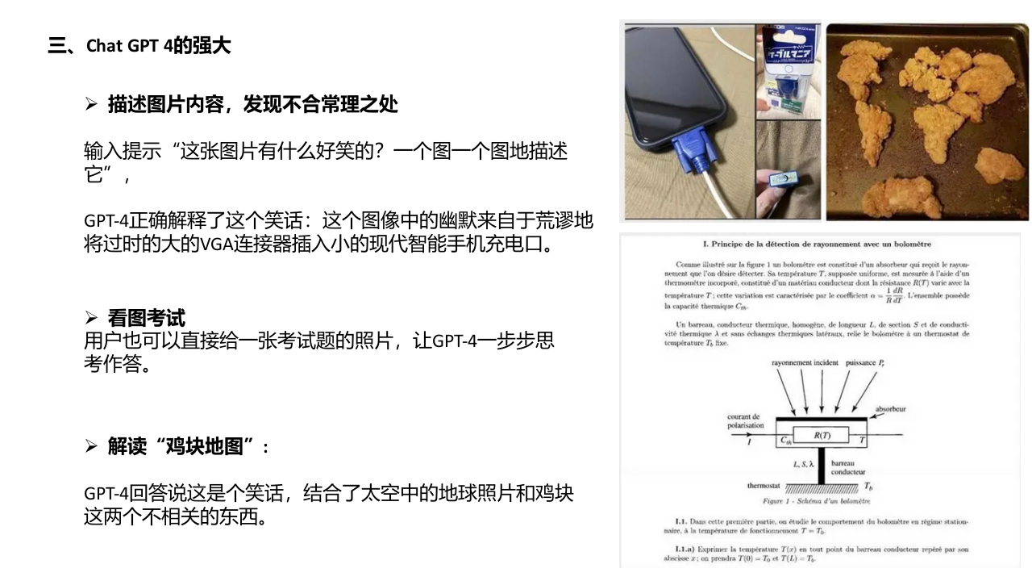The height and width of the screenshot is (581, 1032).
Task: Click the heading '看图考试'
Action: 147,318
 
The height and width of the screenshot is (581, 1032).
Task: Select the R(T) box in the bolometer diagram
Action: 822,435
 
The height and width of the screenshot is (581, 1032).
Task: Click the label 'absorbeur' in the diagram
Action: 890,409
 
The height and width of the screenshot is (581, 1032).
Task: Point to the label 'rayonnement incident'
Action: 805,363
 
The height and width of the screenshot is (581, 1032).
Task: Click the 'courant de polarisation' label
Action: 745,421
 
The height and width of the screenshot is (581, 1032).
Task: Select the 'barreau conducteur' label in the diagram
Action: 848,468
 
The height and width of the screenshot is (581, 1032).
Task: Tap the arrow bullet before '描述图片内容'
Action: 90,104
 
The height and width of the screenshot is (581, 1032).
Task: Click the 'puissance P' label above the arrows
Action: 865,363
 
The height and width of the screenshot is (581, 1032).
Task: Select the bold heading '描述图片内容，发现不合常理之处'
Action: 253,104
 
